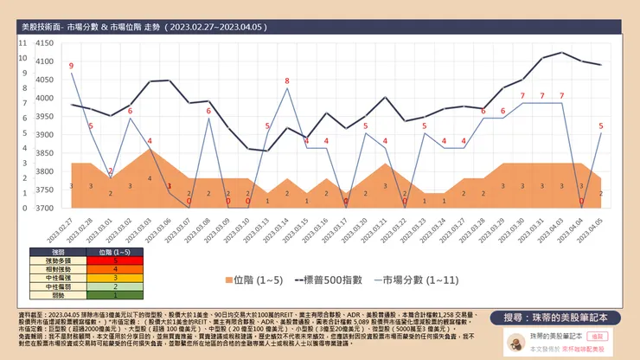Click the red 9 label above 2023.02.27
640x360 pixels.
click(x=71, y=66)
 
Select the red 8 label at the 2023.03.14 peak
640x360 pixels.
click(x=287, y=80)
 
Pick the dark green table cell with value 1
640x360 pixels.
click(x=115, y=295)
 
